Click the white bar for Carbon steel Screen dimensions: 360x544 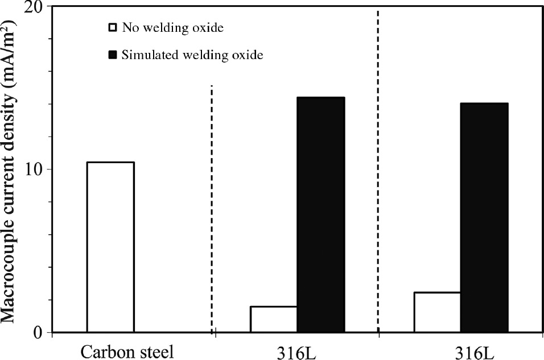110,247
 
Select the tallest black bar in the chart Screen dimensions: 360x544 320,214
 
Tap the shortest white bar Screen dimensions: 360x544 273,319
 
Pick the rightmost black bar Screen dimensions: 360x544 484,217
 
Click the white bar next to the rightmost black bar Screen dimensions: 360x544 437,312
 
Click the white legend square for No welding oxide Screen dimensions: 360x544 112,27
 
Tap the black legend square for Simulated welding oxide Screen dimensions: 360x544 112,55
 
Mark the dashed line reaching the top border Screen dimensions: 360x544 378,171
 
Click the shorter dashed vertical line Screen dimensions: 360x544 212,210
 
